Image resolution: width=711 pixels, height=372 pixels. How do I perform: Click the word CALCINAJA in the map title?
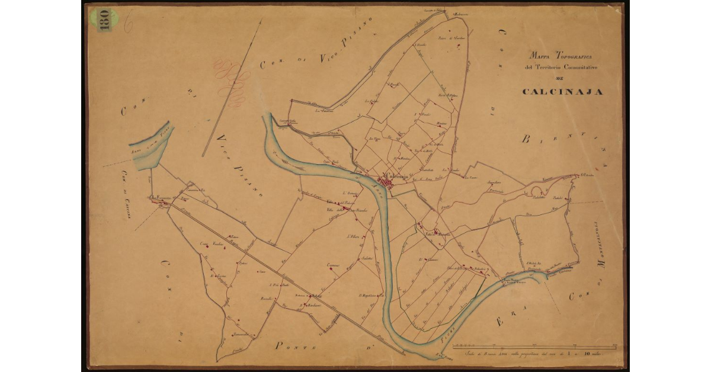tap(562, 92)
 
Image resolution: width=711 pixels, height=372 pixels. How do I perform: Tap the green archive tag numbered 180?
tap(104, 20)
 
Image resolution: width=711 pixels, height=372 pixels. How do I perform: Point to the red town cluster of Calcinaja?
tap(392, 184)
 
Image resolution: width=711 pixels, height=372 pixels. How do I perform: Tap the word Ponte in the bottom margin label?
tap(291, 345)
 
